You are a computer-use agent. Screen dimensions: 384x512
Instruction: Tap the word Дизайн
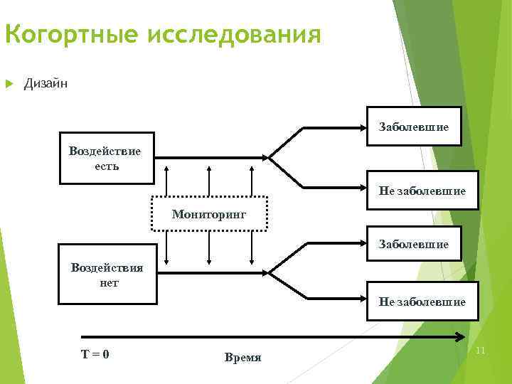(46, 84)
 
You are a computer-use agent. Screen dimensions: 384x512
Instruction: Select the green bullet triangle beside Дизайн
(10, 84)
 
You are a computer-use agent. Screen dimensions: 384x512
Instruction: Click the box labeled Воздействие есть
(106, 158)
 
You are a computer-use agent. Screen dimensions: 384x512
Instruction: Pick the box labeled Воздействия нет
(106, 274)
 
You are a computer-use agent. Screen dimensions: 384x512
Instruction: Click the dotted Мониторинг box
(209, 213)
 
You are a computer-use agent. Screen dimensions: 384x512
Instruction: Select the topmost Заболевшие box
(413, 127)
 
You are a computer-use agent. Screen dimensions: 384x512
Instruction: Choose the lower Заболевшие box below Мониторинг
(413, 244)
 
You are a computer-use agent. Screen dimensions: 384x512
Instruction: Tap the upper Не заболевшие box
(422, 191)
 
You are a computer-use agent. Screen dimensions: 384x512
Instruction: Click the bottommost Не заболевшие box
(422, 302)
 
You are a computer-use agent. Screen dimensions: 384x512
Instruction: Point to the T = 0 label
(95, 353)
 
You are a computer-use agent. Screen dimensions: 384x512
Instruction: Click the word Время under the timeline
(242, 357)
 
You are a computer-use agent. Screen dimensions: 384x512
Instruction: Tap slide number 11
(480, 351)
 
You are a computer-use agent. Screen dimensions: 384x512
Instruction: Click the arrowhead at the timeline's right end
(462, 337)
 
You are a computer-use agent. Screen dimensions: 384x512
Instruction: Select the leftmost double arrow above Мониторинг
(166, 180)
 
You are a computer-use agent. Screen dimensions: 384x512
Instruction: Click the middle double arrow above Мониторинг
(209, 180)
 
